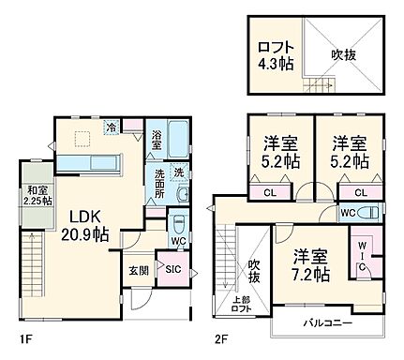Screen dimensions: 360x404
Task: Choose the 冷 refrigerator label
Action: pos(112,128)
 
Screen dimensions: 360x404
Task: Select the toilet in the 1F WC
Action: pos(178,226)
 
